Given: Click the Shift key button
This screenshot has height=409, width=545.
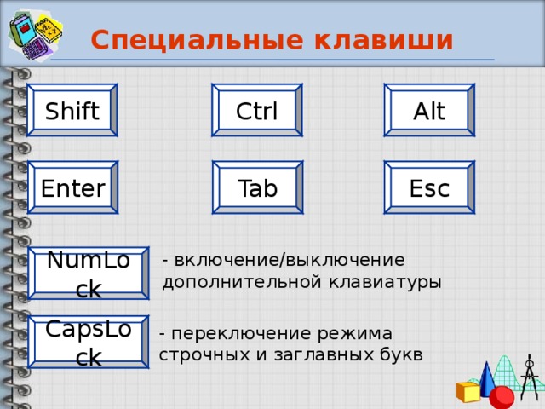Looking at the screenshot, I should tap(72, 111).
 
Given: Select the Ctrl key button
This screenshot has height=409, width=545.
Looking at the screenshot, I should tap(257, 111).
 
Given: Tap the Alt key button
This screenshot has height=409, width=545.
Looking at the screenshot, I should tap(428, 111).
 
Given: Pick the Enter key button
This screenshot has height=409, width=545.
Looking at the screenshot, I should tap(72, 188).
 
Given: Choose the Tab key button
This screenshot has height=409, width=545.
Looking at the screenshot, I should tap(257, 188).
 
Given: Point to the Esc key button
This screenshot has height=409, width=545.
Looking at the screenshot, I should tap(428, 188).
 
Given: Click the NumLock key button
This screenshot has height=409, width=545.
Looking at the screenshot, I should tap(88, 274).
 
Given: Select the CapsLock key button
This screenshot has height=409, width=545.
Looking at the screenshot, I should tap(88, 343).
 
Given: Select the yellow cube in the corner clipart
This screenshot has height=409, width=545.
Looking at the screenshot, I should tap(468, 392).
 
